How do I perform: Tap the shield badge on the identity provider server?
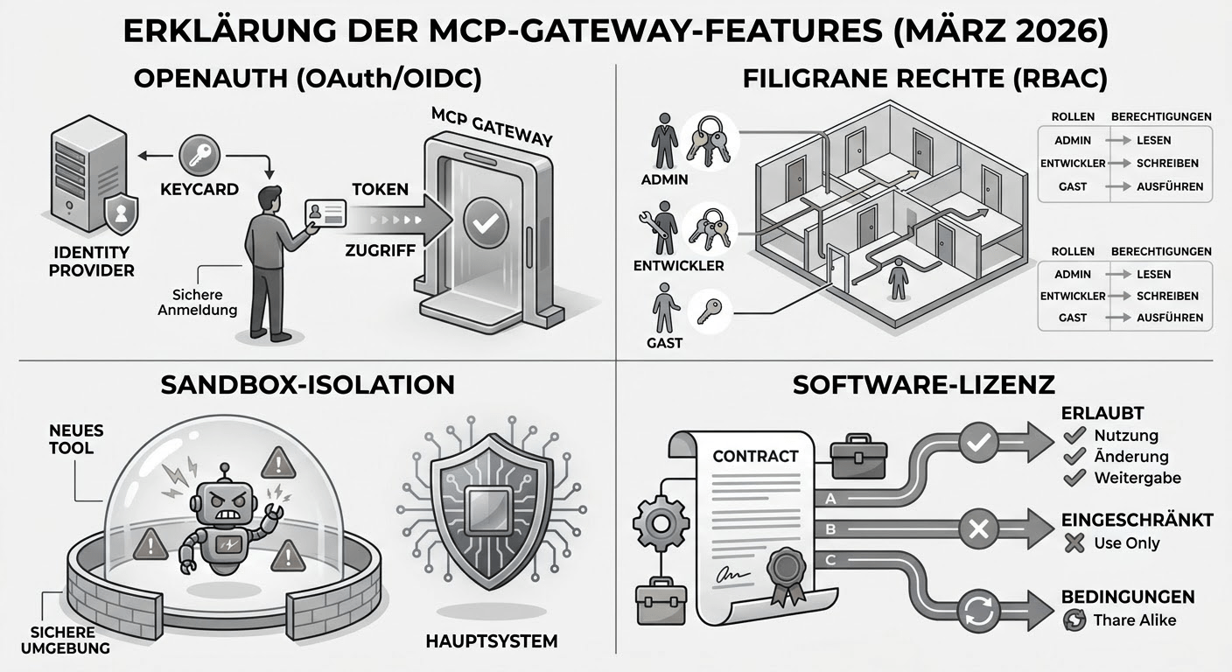point(120,213)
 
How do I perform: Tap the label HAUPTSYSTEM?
point(491,641)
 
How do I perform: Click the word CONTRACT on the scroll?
point(755,456)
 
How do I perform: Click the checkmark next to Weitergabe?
point(1074,478)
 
